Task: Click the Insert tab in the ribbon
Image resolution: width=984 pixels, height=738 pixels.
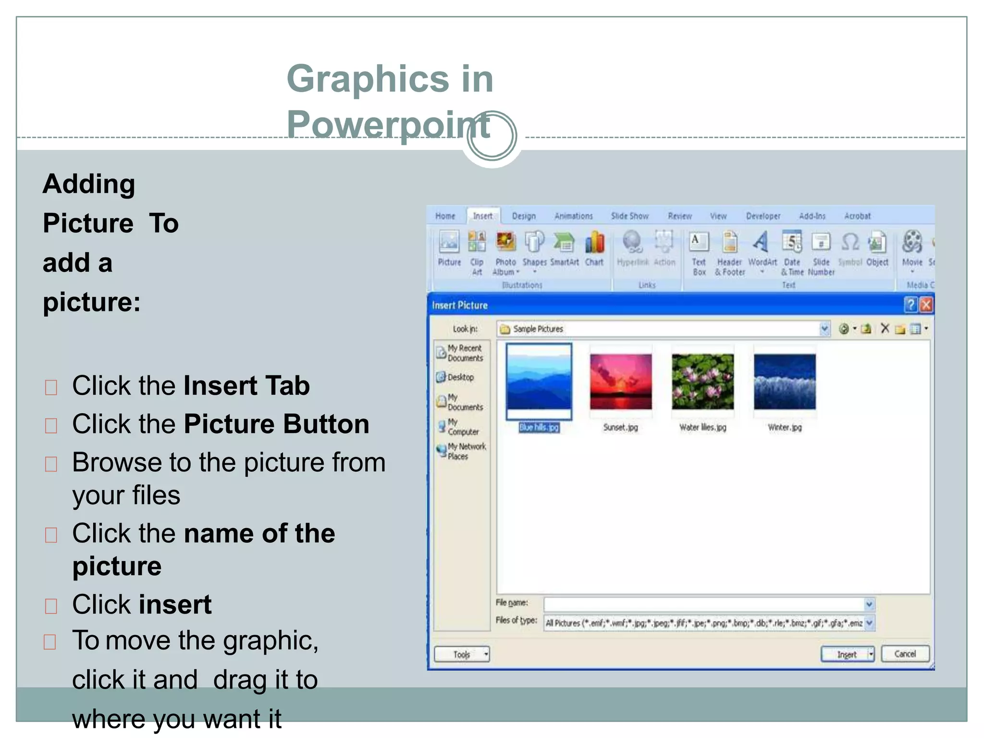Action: pyautogui.click(x=482, y=216)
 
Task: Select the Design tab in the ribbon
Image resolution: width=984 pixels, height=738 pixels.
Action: pyautogui.click(x=523, y=216)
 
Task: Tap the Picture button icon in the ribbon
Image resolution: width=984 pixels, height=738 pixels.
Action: pyautogui.click(x=449, y=242)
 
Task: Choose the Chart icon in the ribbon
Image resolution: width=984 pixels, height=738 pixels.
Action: pyautogui.click(x=594, y=242)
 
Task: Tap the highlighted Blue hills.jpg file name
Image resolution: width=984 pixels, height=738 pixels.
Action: pyautogui.click(x=539, y=428)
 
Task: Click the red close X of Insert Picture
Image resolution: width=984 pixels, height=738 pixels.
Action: pyautogui.click(x=926, y=305)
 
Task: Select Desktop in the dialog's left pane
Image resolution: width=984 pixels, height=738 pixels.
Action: pyautogui.click(x=460, y=378)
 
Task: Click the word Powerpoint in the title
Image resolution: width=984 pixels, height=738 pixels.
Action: pyautogui.click(x=388, y=124)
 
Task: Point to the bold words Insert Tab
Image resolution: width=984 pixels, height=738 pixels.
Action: pyautogui.click(x=246, y=386)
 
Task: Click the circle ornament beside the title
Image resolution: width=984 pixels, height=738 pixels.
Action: pyautogui.click(x=492, y=136)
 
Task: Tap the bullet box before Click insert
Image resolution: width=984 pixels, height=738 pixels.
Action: pyautogui.click(x=51, y=606)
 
